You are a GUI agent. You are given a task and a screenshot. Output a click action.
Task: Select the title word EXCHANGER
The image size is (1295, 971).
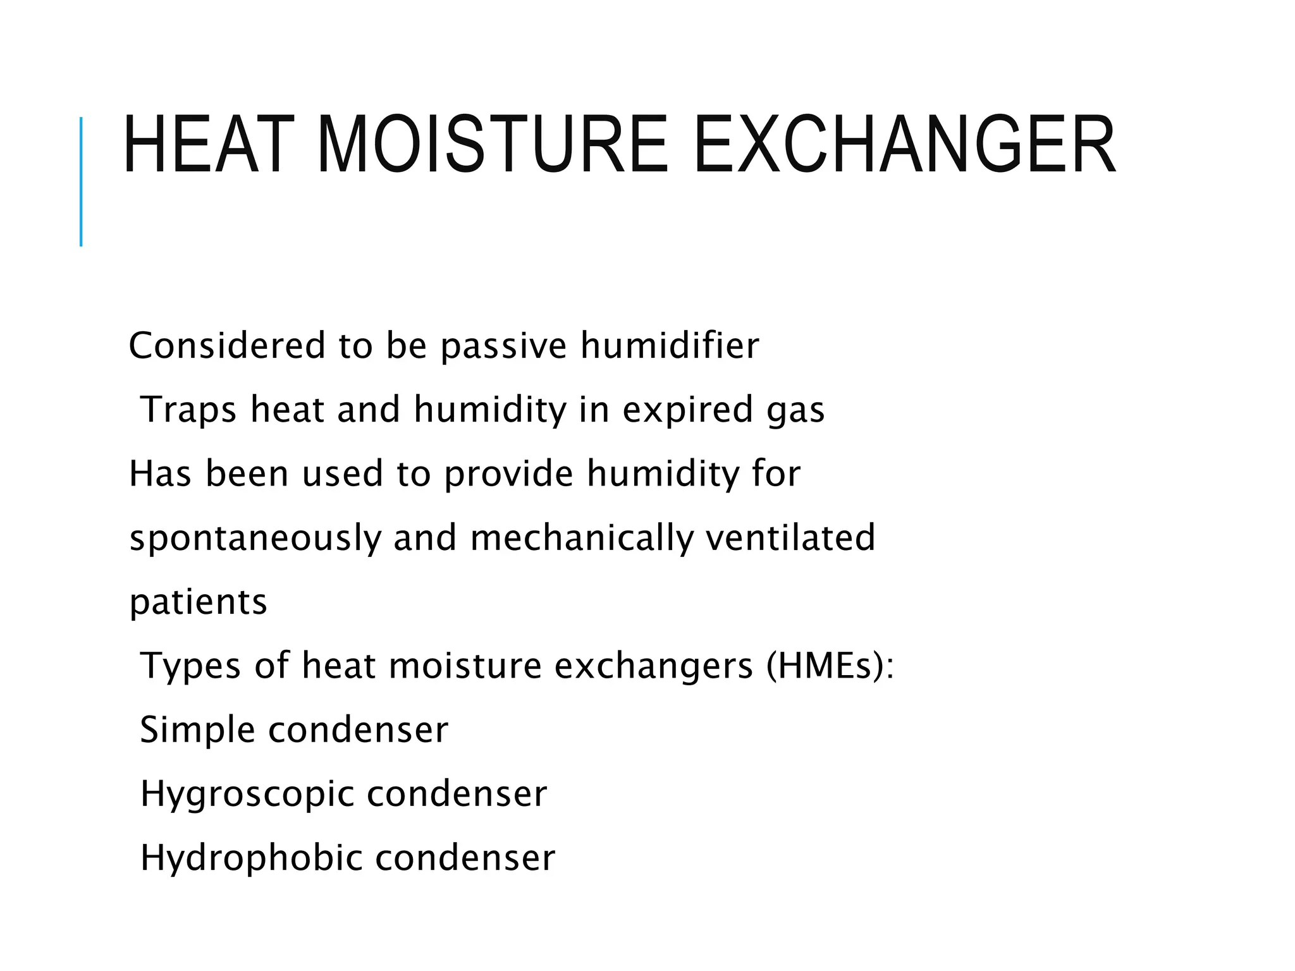click(x=905, y=145)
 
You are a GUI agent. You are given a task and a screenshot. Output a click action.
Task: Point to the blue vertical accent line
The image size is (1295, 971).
click(x=81, y=181)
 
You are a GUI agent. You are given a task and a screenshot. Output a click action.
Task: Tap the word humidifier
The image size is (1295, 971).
click(x=670, y=346)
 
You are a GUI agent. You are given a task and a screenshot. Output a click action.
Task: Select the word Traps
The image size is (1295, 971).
click(x=188, y=410)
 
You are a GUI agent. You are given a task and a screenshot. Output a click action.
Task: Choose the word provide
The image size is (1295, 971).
click(x=508, y=474)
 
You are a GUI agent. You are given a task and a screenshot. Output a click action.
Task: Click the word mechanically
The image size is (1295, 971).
click(x=581, y=539)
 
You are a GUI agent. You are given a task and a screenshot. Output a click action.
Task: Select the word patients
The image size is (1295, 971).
click(x=199, y=602)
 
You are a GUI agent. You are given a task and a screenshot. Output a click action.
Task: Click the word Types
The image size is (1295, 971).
click(x=190, y=666)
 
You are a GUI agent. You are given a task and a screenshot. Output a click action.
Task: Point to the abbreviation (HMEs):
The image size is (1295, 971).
click(x=830, y=666)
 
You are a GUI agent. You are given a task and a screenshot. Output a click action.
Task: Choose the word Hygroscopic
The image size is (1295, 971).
click(x=247, y=795)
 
